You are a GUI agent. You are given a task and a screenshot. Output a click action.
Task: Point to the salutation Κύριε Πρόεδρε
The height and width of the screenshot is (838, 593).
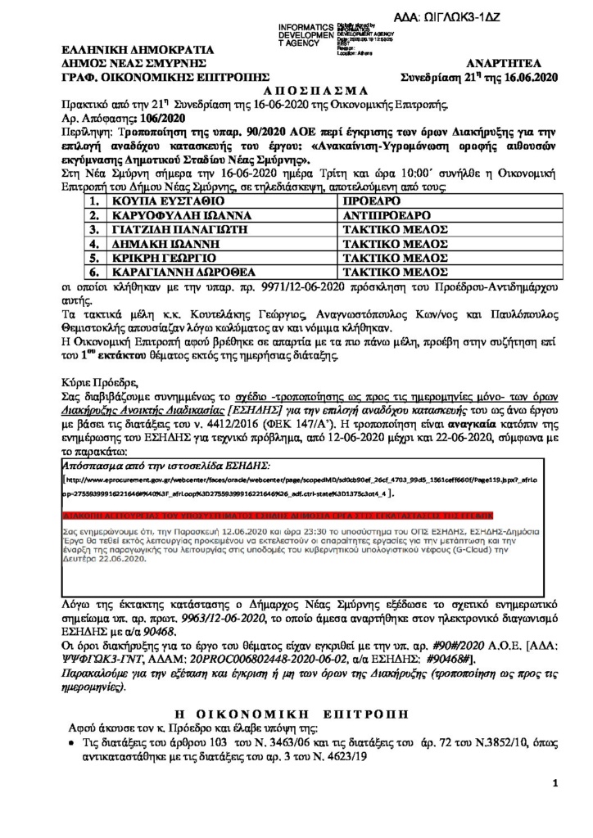[101, 381]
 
